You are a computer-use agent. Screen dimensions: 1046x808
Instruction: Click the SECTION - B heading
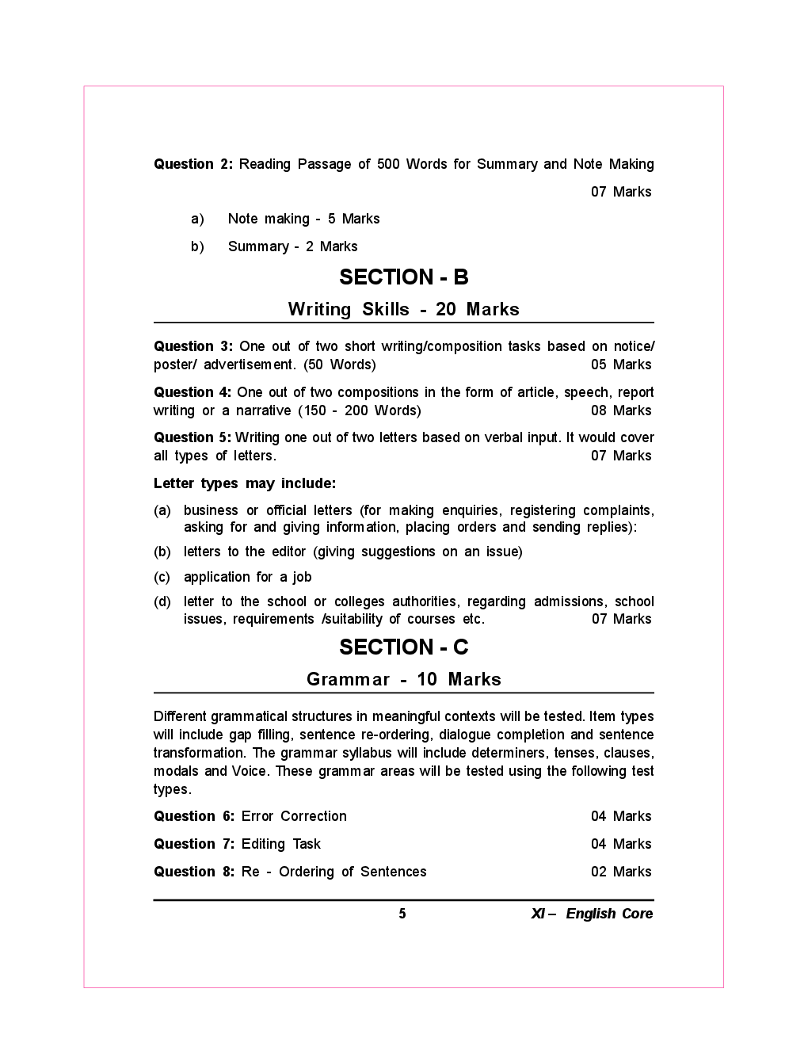404,277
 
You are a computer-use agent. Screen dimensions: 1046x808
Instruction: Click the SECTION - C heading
404,647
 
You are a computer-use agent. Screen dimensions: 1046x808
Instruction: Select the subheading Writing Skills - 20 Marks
404,310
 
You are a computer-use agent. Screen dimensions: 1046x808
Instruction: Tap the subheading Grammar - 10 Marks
404,680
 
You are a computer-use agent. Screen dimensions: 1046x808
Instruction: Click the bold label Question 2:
193,165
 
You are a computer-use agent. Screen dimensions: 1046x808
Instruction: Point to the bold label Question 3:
193,347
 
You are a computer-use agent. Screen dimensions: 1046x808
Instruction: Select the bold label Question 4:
192,393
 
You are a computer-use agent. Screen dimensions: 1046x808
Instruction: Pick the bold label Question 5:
192,438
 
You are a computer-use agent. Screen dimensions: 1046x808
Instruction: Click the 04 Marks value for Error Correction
621,817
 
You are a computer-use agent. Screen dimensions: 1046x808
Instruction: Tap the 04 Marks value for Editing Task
621,845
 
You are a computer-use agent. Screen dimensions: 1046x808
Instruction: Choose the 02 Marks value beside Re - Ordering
621,872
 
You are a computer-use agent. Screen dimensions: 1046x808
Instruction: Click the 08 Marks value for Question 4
621,411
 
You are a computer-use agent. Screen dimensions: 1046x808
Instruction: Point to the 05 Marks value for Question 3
621,365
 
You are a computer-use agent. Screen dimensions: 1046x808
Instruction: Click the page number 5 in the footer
402,914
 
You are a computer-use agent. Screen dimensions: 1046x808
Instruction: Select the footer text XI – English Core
592,914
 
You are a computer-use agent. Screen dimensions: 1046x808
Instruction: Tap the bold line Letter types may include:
245,484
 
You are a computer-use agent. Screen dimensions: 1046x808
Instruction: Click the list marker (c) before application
162,578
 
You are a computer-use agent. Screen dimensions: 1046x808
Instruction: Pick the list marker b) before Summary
197,247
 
